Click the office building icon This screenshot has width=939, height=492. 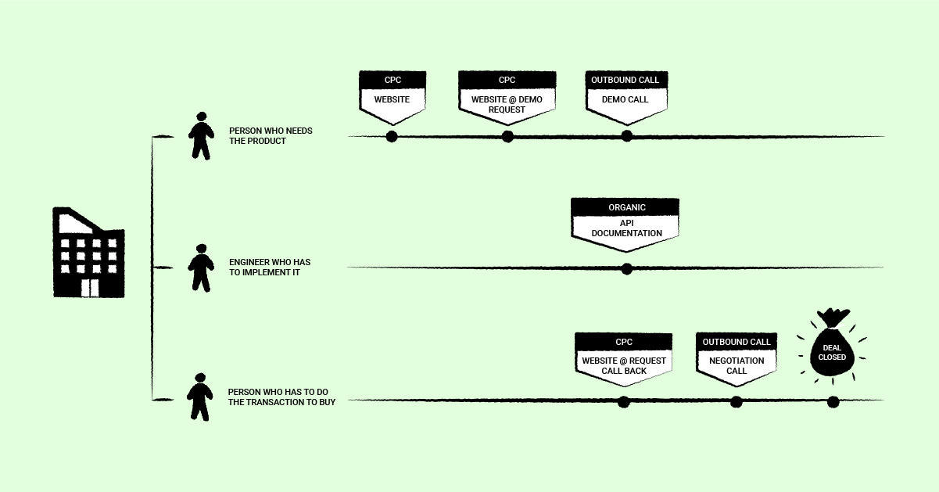(x=88, y=253)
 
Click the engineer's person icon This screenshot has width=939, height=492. (x=201, y=268)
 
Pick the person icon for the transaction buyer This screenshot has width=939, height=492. (x=200, y=397)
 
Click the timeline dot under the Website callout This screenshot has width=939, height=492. (x=392, y=137)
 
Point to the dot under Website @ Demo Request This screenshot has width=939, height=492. (x=507, y=137)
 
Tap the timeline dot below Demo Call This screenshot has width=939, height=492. (x=626, y=136)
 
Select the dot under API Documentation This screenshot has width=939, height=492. (x=626, y=269)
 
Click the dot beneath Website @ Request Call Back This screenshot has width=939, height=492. (x=623, y=402)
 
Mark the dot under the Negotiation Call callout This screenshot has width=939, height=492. (x=736, y=402)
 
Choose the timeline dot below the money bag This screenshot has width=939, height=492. (x=833, y=402)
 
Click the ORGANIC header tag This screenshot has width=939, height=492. (x=625, y=207)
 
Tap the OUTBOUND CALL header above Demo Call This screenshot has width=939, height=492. (x=625, y=80)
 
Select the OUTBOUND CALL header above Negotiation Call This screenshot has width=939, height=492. (x=737, y=342)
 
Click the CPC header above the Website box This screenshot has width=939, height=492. (x=392, y=80)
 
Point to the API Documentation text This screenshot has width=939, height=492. (x=626, y=228)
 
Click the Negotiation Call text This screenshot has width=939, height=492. (x=737, y=365)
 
